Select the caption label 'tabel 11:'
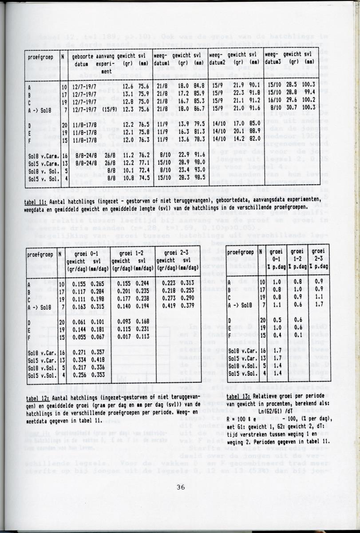point(37,203)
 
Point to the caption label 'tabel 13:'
point(239,397)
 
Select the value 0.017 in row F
point(119,337)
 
